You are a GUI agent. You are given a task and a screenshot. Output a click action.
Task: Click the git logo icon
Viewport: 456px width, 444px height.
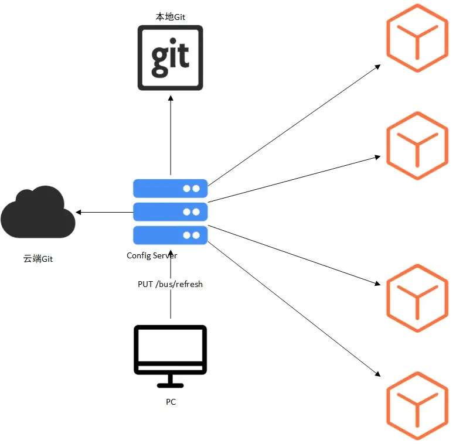[x=170, y=57]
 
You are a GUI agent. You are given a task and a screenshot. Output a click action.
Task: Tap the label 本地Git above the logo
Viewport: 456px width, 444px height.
[x=170, y=17]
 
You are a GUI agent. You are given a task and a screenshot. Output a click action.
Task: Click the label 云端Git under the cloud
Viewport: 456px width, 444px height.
[x=38, y=258]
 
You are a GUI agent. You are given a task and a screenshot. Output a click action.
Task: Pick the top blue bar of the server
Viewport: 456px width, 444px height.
[x=170, y=189]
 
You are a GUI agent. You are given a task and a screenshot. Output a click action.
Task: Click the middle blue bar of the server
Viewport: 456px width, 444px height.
[x=170, y=211]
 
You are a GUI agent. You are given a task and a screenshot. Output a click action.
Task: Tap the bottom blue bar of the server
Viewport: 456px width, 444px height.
[x=170, y=235]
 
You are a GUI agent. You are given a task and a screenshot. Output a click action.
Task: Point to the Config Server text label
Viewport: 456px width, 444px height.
[x=152, y=255]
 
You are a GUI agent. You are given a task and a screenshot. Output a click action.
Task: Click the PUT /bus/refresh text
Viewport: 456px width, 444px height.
[x=170, y=284]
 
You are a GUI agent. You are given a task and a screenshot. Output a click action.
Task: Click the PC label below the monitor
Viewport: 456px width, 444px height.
[x=170, y=402]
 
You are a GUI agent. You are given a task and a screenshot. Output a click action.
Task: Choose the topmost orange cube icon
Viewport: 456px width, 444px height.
[x=417, y=38]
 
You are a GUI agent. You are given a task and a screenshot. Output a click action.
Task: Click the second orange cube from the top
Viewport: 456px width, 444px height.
[x=417, y=145]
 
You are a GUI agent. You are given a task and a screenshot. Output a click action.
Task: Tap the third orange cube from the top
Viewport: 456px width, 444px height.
[x=417, y=298]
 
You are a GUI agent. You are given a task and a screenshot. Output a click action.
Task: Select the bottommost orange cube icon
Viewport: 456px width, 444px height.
[x=417, y=407]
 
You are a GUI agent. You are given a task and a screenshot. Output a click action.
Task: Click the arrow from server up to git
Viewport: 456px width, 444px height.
[x=171, y=135]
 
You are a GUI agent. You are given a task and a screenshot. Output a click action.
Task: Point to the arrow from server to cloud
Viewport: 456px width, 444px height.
[x=106, y=211]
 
